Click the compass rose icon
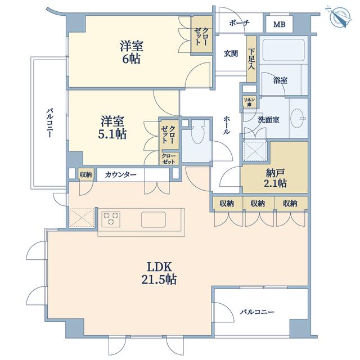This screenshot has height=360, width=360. click(x=339, y=17)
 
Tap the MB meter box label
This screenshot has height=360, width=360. click(x=279, y=24)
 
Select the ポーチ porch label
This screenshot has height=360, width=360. click(x=239, y=23)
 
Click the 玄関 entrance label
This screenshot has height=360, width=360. click(x=231, y=54)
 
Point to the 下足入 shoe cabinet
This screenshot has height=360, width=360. click(x=251, y=58)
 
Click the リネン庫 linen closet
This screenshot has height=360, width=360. click(x=249, y=102)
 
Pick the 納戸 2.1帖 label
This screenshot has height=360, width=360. click(x=275, y=178)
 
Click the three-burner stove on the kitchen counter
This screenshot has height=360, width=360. click(x=111, y=219)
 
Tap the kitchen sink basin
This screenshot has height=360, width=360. click(x=153, y=219)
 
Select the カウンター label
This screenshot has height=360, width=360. click(x=120, y=175)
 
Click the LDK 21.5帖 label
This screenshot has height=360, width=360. click(x=159, y=273)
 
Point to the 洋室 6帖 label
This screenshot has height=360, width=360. click(x=131, y=52)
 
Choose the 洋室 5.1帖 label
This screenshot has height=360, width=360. click(x=112, y=128)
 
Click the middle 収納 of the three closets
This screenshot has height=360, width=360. click(x=258, y=203)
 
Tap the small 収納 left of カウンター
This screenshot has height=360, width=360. click(x=85, y=175)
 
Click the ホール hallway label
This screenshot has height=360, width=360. click(x=226, y=125)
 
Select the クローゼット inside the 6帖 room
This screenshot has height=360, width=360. click(x=201, y=34)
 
